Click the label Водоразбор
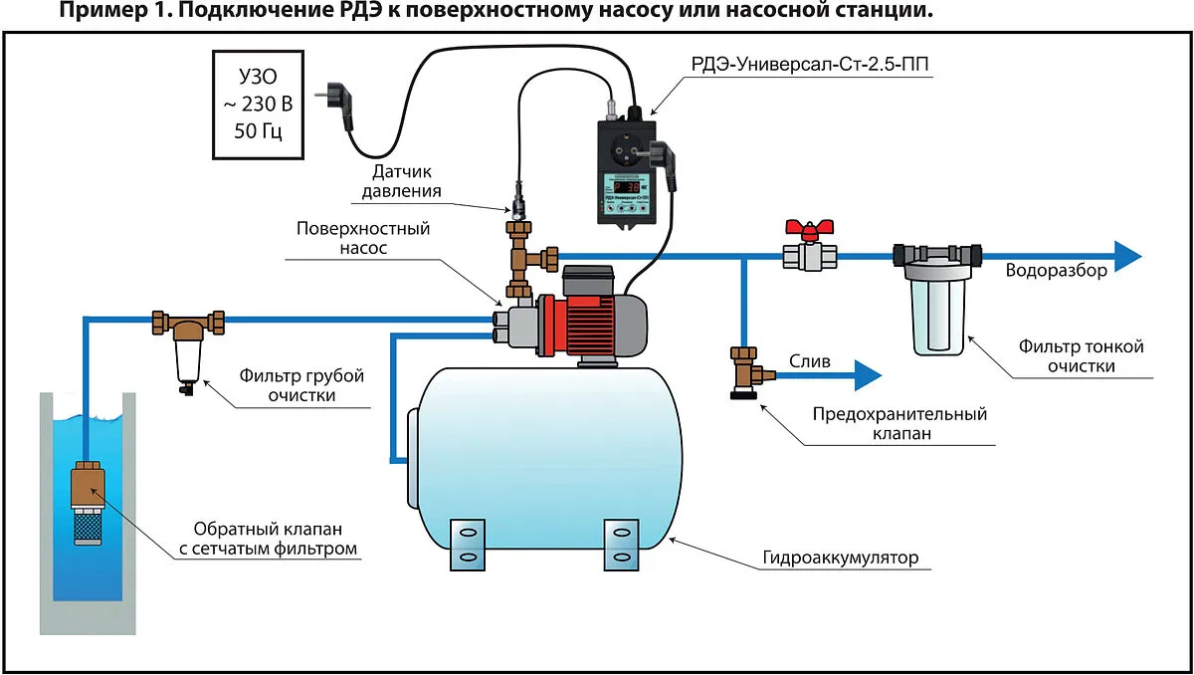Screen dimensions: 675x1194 1056,271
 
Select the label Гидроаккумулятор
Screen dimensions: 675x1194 849,558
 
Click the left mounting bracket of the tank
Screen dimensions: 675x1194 466,544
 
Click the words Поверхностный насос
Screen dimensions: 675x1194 362,238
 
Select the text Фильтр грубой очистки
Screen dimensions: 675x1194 301,385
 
